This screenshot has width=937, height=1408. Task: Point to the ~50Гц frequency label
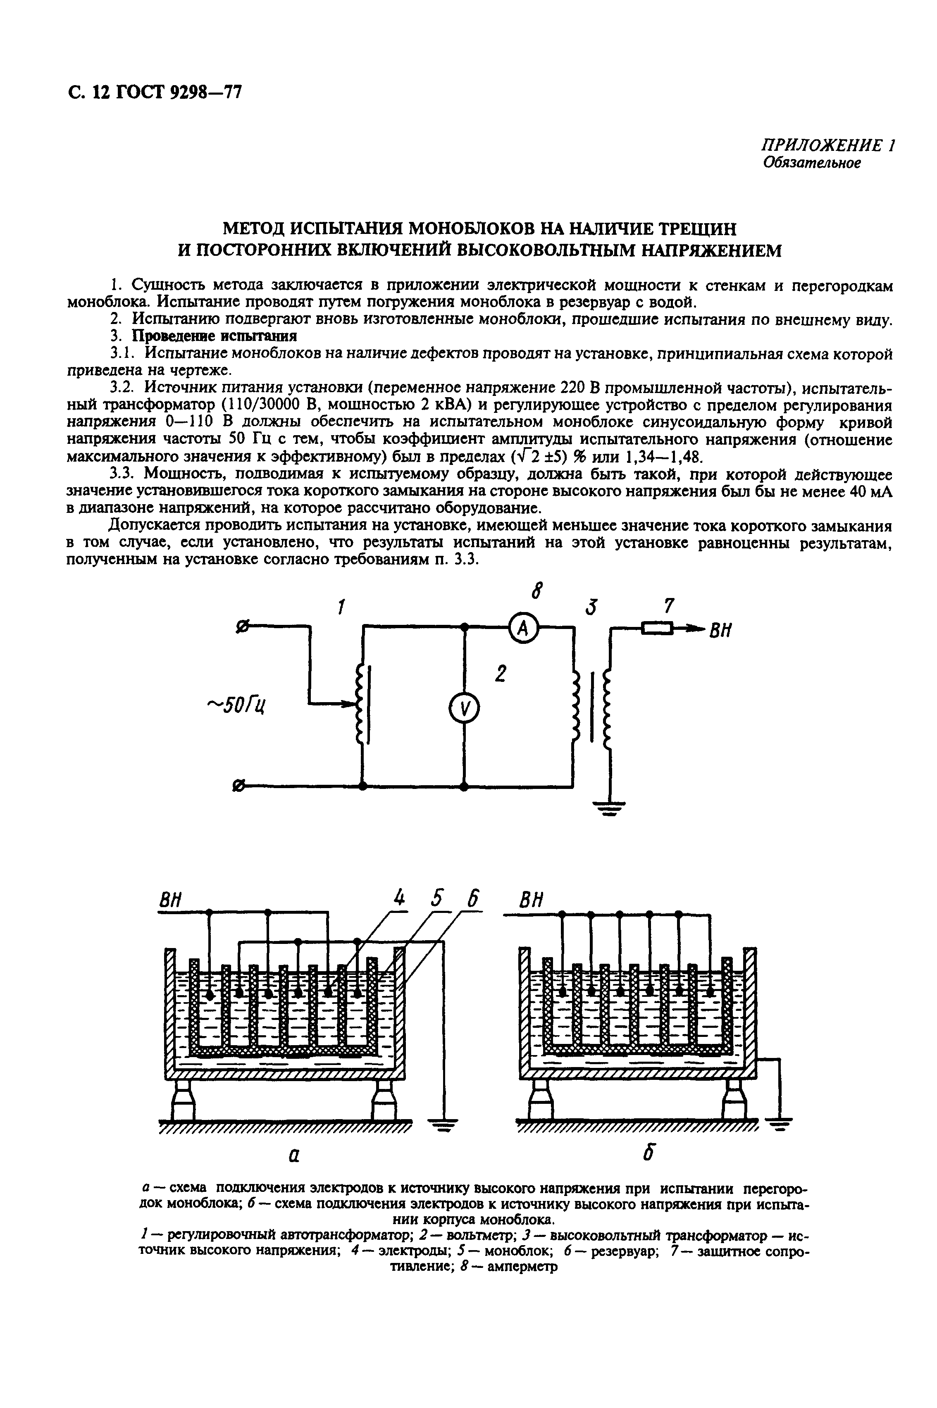(x=237, y=705)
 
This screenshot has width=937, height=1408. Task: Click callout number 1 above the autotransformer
(x=341, y=608)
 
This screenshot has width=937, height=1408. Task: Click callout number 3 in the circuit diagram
(x=591, y=608)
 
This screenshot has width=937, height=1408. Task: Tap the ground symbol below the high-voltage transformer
(x=609, y=809)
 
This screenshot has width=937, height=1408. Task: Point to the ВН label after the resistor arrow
(x=721, y=631)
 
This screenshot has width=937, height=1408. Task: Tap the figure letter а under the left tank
(x=294, y=1156)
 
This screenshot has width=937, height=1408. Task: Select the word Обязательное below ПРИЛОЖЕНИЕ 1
(x=812, y=163)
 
